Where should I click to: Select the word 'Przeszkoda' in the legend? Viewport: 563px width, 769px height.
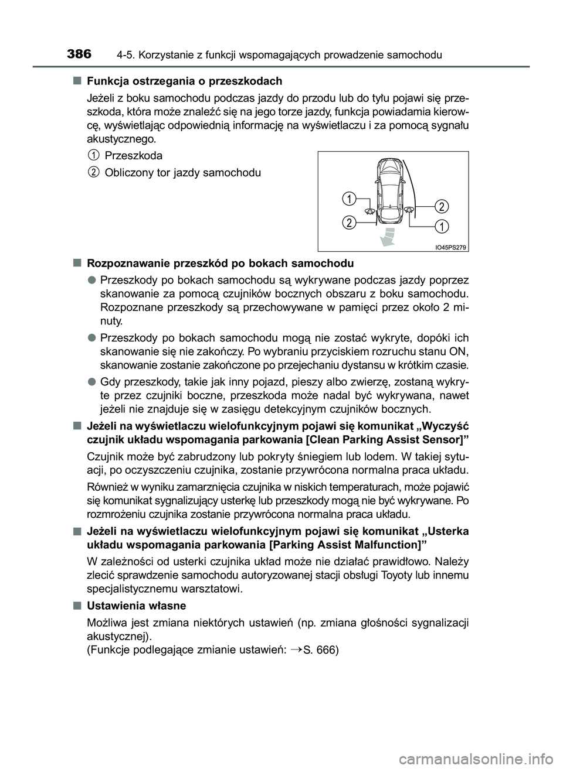133,156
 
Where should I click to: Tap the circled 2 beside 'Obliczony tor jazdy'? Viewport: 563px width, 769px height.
93,172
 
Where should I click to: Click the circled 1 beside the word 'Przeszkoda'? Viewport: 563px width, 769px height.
93,155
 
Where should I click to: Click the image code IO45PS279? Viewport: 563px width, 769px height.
450,247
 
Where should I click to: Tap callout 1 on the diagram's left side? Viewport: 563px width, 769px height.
348,199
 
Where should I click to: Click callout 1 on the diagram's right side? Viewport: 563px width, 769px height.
442,225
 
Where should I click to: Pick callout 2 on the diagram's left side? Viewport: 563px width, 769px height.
348,222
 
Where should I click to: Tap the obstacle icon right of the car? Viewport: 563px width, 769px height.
410,211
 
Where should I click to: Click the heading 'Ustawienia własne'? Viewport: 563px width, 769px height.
136,606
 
